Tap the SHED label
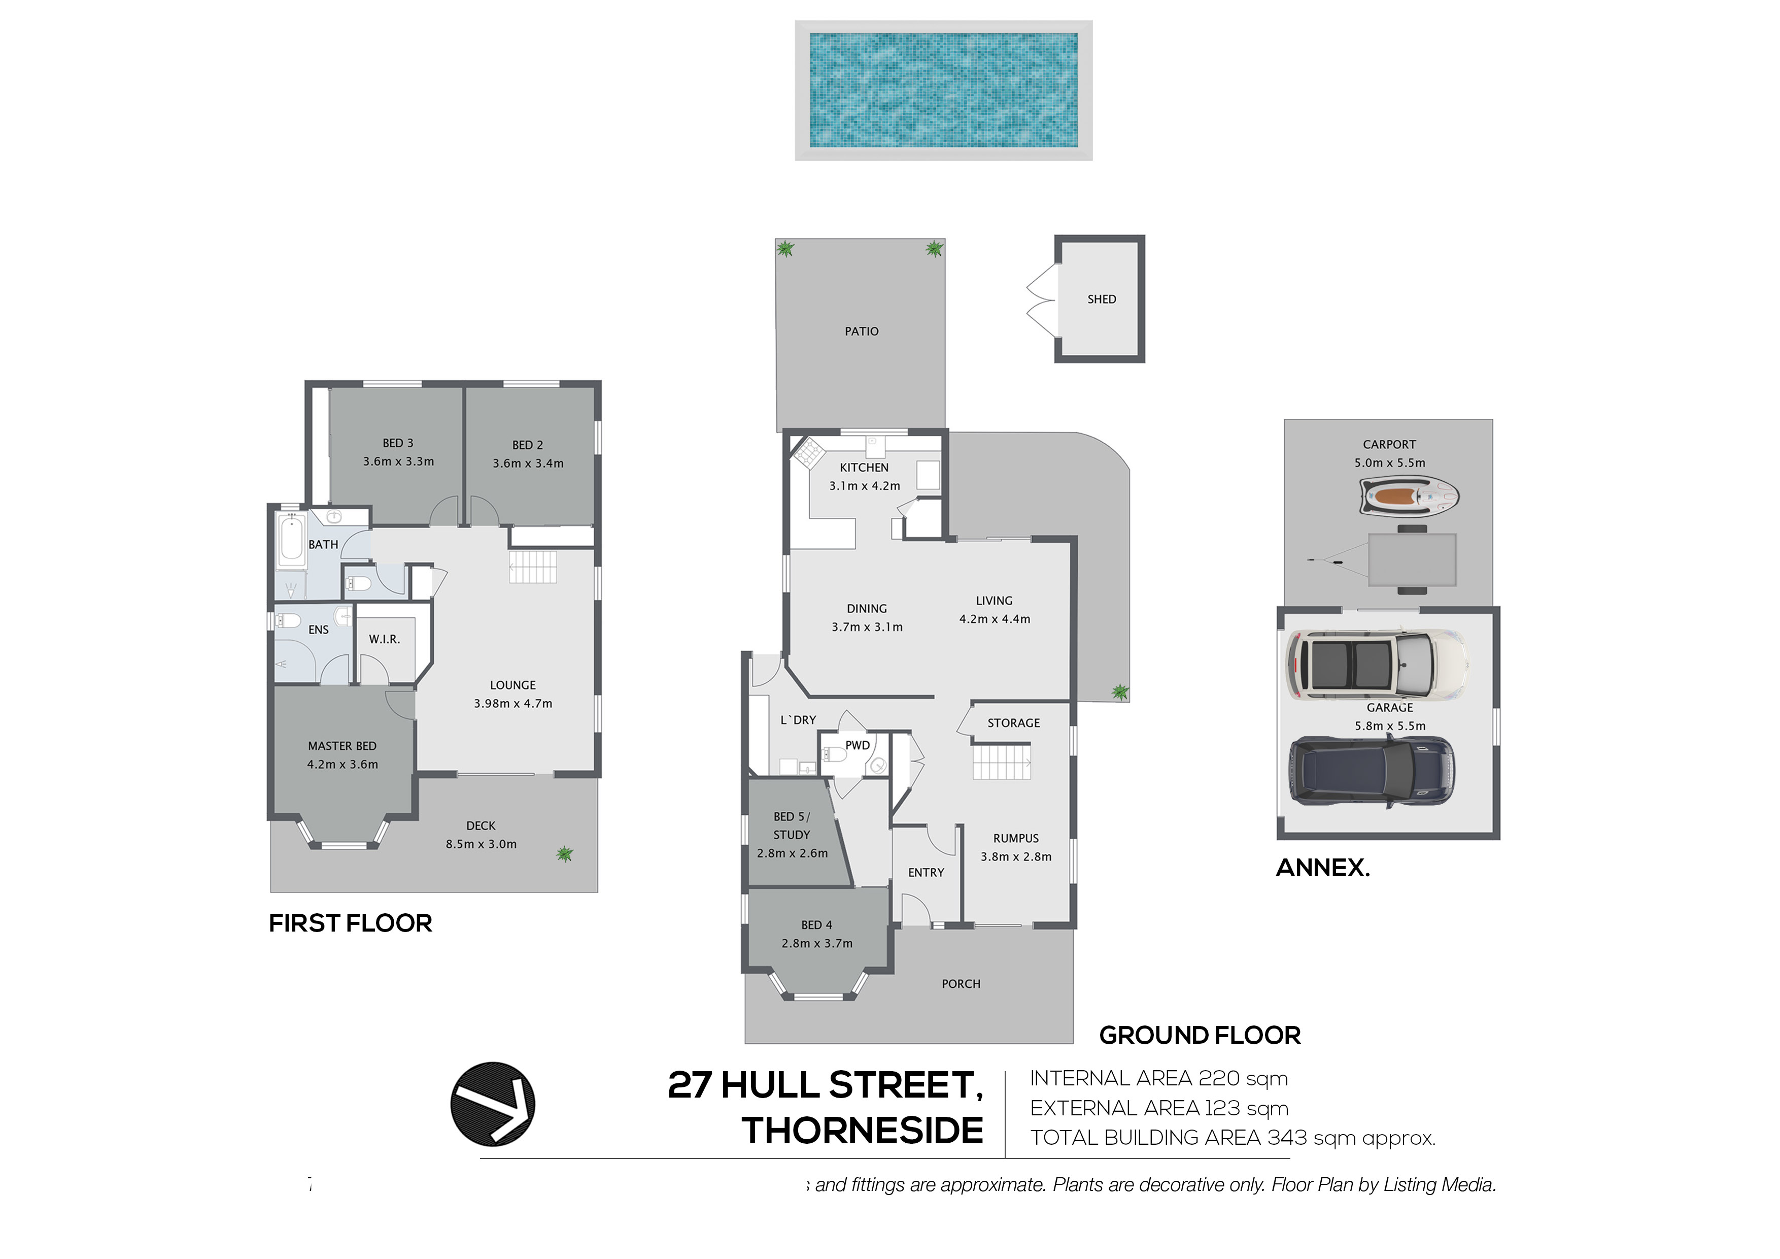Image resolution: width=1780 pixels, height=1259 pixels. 1101,300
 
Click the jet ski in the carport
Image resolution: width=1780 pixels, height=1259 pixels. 1409,495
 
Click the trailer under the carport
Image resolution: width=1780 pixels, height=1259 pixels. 1411,560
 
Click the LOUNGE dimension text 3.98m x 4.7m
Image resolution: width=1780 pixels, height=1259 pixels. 512,704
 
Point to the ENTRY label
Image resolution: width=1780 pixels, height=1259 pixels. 926,873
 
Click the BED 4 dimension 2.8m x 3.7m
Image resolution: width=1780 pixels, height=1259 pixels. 816,943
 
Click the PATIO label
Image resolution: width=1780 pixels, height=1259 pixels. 861,331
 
